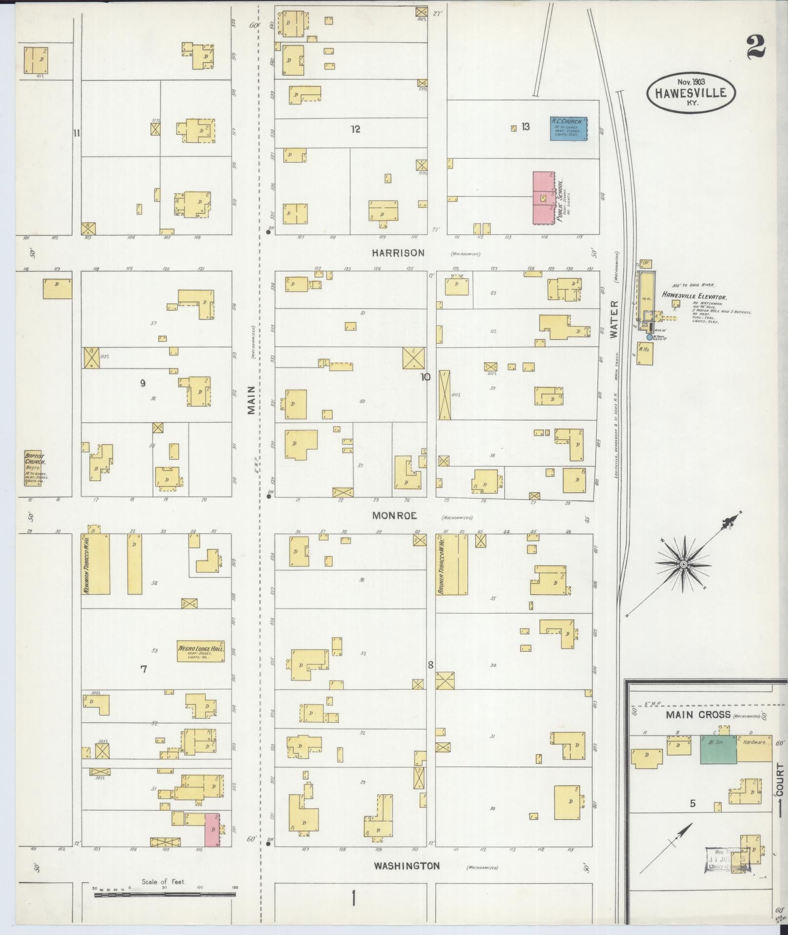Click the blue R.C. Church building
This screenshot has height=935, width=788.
pos(569,129)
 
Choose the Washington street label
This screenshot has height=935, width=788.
pos(406,866)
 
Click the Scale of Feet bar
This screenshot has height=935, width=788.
pos(165,894)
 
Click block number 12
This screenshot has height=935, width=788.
pos(355,129)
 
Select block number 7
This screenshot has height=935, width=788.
pos(144,669)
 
